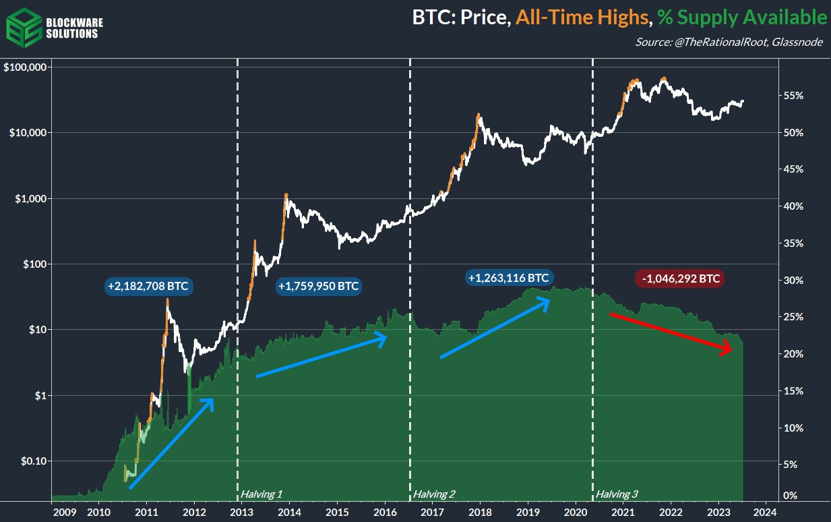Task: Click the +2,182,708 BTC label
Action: pos(148,286)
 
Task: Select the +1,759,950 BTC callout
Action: pos(318,287)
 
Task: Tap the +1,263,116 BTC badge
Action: pos(509,277)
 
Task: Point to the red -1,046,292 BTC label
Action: pos(679,278)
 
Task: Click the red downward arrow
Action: pos(671,332)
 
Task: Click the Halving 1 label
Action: pos(261,494)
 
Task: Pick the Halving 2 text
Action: pos(434,494)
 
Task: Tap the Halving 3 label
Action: pos(617,494)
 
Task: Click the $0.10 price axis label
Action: pos(30,461)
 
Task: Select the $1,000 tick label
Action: pos(29,199)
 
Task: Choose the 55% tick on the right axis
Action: pos(793,96)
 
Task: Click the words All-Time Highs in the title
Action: pos(580,17)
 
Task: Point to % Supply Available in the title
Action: pos(741,17)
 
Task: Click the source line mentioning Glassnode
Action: pos(731,42)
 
